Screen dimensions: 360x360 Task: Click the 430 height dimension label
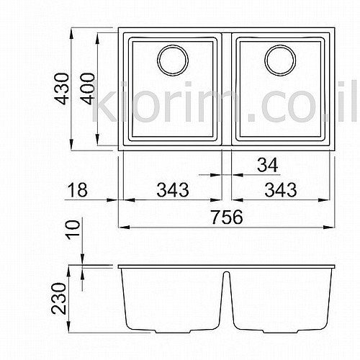(x=61, y=89)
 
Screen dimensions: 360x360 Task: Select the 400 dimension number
(x=87, y=89)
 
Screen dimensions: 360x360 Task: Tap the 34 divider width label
(x=268, y=165)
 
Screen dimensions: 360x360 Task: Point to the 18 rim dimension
(x=77, y=190)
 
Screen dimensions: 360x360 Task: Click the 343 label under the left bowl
(x=173, y=190)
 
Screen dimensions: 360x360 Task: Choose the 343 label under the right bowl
(x=281, y=190)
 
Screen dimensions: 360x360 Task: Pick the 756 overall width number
(x=227, y=217)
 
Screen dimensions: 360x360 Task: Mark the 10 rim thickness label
(x=73, y=230)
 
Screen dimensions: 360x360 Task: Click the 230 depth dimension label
(x=58, y=298)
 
